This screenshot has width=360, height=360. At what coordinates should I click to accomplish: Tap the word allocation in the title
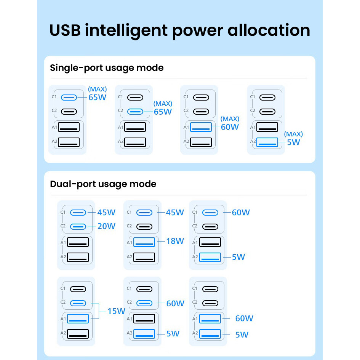(269, 30)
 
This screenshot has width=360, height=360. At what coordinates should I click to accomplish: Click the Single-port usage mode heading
(107, 68)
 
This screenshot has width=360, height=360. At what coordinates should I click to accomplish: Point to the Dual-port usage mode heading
(103, 184)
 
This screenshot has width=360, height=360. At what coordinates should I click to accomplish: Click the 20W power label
(106, 226)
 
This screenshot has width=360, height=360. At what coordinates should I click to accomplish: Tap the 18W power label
(175, 241)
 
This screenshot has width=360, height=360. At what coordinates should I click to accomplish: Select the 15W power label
(116, 311)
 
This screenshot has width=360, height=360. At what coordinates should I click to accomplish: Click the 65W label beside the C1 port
(97, 97)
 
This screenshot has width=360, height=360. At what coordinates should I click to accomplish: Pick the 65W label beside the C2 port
(163, 112)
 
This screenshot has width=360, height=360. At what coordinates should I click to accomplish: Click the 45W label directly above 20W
(106, 212)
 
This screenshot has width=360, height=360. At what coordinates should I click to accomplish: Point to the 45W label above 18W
(175, 212)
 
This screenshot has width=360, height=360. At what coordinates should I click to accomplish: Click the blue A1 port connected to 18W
(144, 242)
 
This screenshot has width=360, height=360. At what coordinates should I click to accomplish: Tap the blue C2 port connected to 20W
(78, 226)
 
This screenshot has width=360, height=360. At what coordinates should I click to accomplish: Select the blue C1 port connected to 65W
(69, 97)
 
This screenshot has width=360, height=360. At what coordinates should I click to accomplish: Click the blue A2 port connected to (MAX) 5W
(267, 142)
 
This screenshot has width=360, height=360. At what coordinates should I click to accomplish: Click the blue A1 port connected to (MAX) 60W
(201, 127)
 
